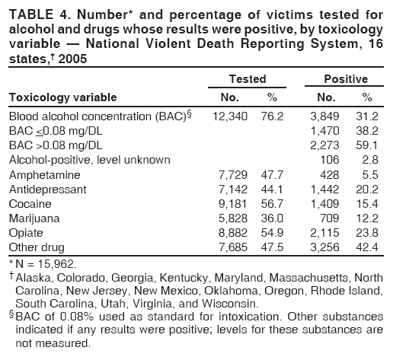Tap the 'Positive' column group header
tap(347, 79)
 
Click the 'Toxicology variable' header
tap(62, 97)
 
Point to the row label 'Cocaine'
tap(29, 203)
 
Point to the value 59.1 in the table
tap(369, 145)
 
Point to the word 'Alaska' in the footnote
tap(29, 278)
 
